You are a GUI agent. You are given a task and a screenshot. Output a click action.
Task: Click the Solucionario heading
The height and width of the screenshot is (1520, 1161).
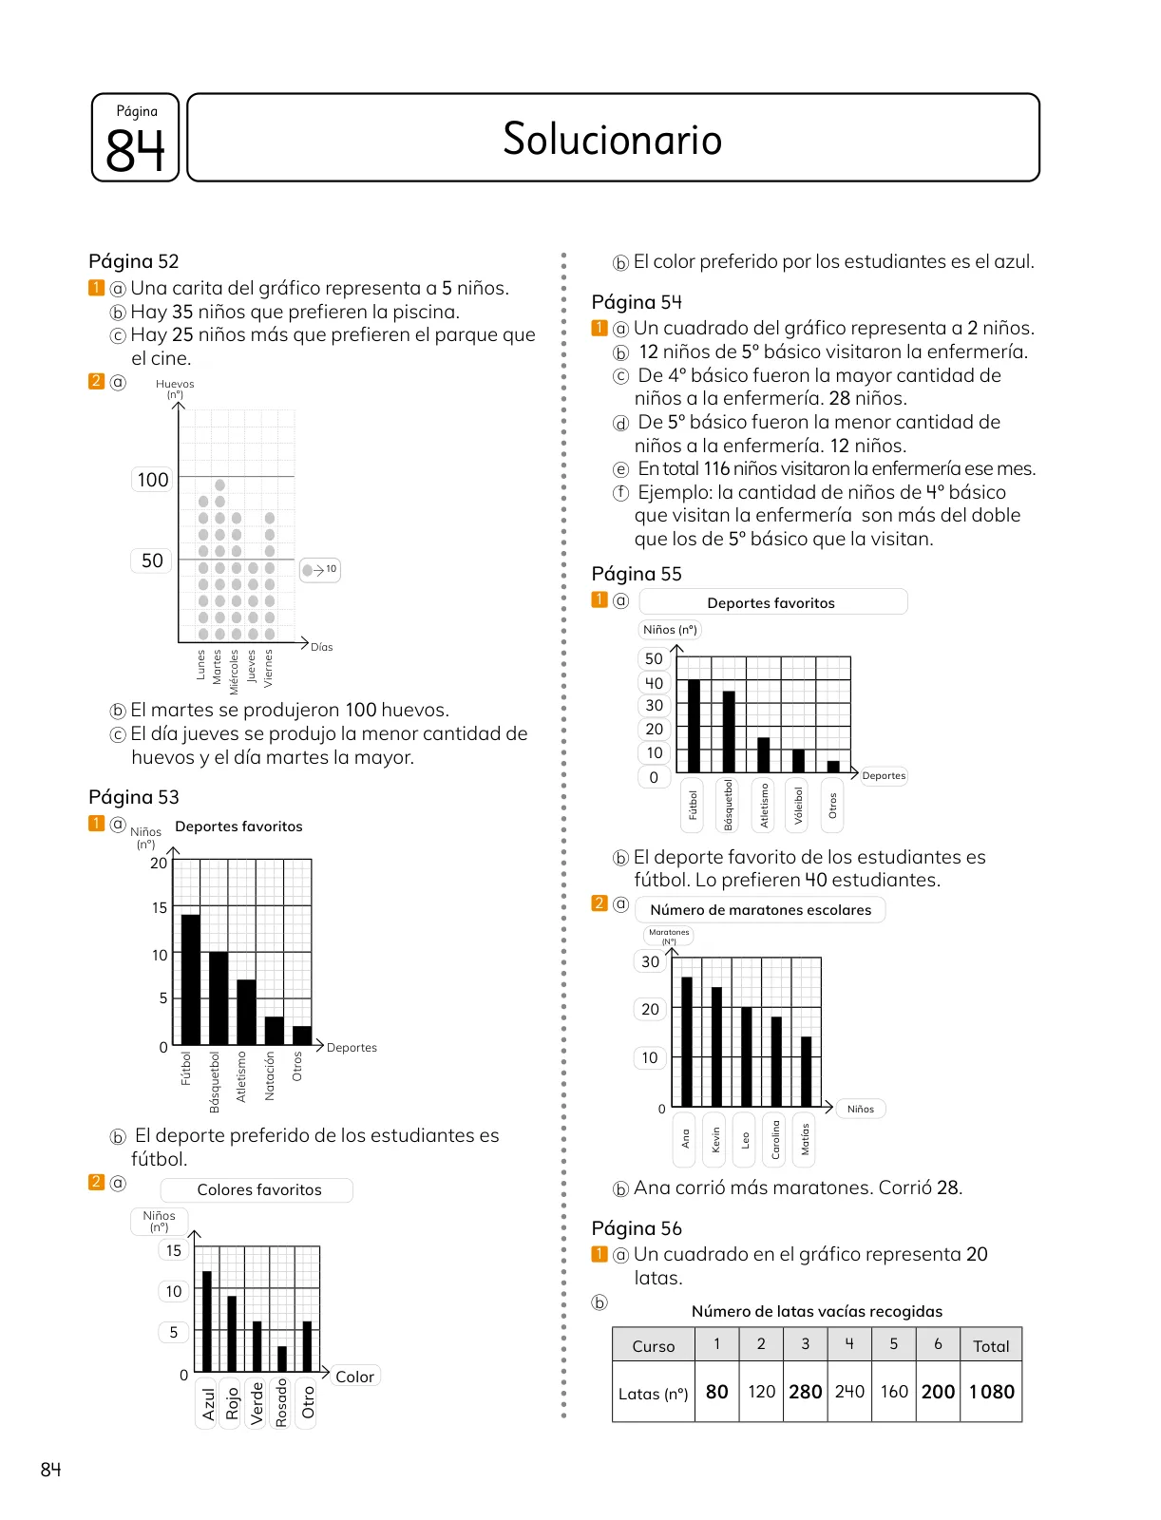coord(612,139)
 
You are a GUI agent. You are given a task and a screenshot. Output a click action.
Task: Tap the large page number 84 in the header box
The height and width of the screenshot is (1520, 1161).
coord(135,149)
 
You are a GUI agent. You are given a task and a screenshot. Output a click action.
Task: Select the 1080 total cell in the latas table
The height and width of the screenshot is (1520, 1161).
coord(991,1391)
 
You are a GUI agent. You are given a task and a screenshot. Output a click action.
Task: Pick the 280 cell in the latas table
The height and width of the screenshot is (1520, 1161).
coord(805,1391)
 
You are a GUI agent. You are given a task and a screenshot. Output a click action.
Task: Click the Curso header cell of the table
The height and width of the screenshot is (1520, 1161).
coord(653,1345)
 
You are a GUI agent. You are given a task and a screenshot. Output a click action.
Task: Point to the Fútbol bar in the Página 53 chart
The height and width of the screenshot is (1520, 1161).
coord(190,979)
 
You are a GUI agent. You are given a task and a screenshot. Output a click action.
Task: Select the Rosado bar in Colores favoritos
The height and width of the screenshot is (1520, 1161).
coord(282,1358)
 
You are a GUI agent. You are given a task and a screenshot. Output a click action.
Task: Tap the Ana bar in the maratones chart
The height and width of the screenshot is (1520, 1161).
coord(687,1041)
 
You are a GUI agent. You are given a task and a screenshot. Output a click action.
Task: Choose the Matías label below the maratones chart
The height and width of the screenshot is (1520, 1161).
coord(805,1139)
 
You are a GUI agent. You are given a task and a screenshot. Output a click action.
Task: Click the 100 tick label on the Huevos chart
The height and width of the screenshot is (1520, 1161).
coord(152,479)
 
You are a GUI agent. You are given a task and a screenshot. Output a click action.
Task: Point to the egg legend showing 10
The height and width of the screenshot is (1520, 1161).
coord(320,570)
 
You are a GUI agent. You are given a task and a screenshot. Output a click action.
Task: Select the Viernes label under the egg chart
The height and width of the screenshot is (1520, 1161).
coord(269,668)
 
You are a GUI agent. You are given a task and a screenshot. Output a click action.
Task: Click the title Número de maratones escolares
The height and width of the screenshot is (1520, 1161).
coord(760,910)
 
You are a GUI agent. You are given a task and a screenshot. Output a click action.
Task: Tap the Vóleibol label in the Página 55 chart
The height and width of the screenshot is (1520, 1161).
coord(798,805)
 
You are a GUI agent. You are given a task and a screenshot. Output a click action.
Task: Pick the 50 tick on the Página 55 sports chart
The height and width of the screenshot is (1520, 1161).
coord(654,658)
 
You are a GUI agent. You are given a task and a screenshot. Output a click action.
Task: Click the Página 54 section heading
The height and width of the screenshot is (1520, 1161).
coord(637,302)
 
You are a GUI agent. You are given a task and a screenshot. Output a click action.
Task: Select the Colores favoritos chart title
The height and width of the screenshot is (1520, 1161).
coord(259,1189)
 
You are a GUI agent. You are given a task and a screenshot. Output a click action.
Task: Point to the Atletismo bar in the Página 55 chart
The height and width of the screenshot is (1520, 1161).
coord(764,755)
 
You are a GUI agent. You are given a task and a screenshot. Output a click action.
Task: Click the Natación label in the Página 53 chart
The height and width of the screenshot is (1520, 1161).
coord(269,1075)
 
